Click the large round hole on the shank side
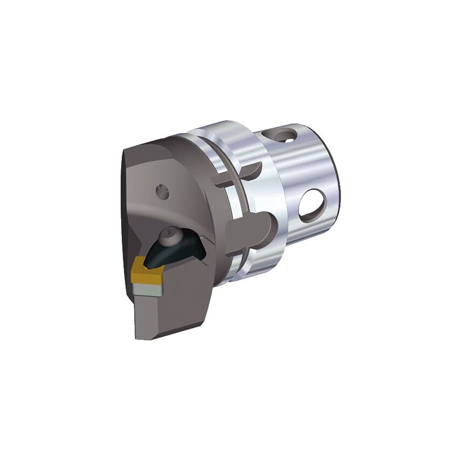[311, 205]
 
